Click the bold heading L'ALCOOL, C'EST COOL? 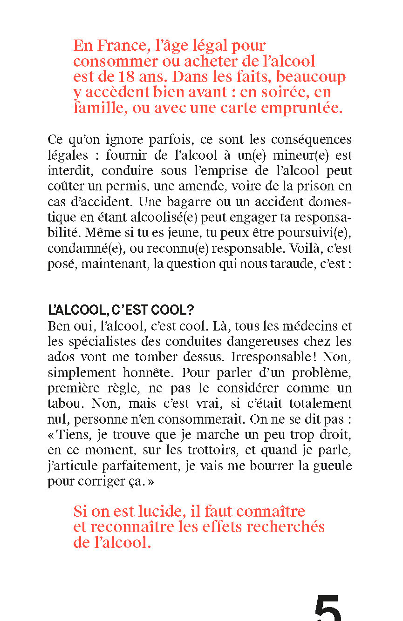[x=121, y=310]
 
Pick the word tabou [x=66, y=404]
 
